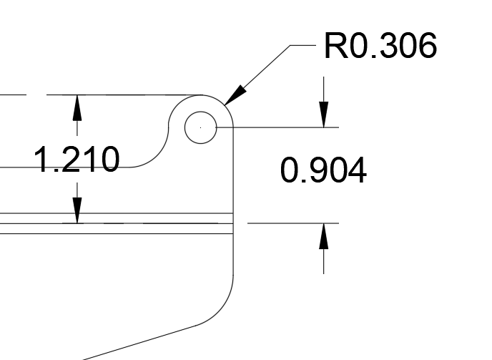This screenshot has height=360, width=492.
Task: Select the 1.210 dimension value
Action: pyautogui.click(x=77, y=160)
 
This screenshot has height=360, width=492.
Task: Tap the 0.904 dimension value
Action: pyautogui.click(x=323, y=170)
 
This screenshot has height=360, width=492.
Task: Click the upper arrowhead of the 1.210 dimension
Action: pyautogui.click(x=77, y=107)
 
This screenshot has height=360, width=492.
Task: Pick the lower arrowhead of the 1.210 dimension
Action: pyautogui.click(x=77, y=210)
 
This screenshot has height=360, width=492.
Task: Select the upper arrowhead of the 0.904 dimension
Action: pyautogui.click(x=323, y=115)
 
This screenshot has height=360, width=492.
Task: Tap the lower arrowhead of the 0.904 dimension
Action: pyautogui.click(x=323, y=236)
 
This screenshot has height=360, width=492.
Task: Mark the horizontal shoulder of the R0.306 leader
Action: pyautogui.click(x=303, y=45)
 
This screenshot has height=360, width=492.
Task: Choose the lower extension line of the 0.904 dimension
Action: pyautogui.click(x=293, y=223)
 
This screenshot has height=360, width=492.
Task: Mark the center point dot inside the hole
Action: pyautogui.click(x=200, y=127)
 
